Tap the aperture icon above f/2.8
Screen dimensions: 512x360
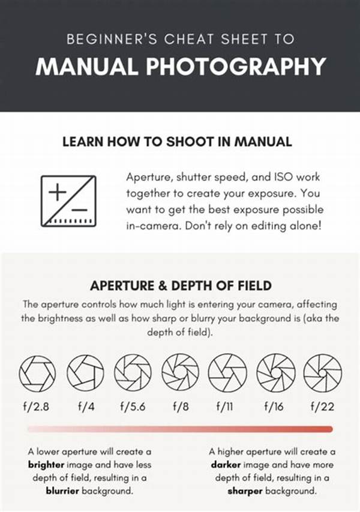(38, 372)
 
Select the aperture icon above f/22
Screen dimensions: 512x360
(322, 372)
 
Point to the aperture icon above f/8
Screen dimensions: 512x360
(180, 372)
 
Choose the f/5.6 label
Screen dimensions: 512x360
(132, 406)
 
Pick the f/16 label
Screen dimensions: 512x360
(275, 406)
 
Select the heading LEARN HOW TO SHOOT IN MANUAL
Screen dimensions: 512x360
(177, 142)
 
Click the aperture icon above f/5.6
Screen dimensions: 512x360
(133, 372)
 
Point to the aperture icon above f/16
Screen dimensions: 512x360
(275, 372)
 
